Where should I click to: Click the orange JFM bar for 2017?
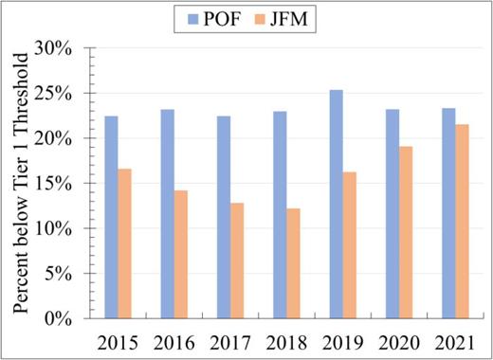[237, 261]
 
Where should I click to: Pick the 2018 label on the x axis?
[286, 339]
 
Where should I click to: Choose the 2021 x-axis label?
[455, 339]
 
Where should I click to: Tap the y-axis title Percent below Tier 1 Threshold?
[21, 183]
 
